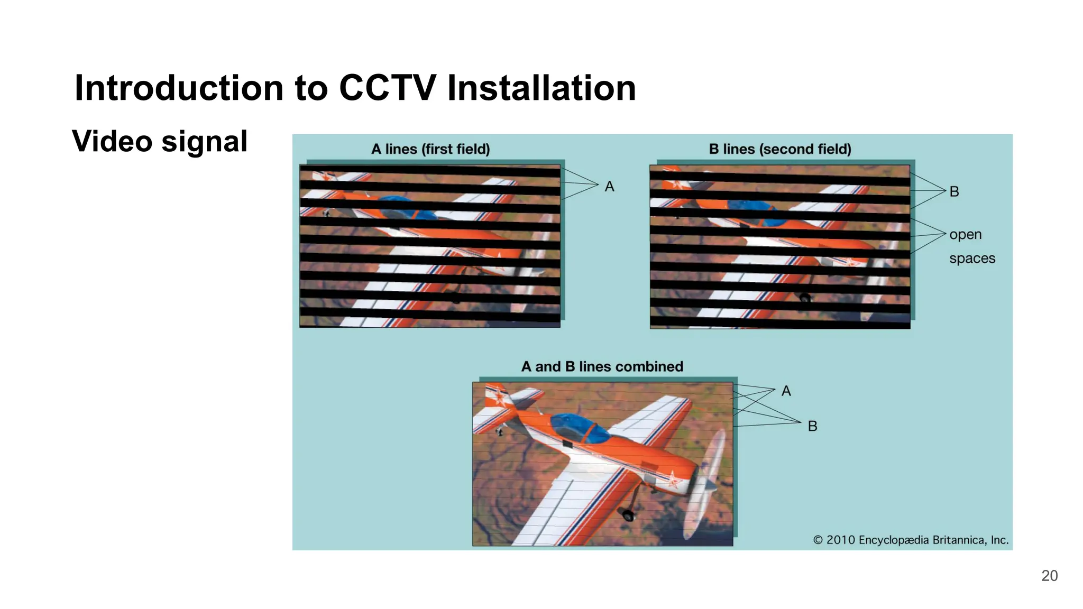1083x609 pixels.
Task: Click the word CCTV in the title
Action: [x=387, y=88]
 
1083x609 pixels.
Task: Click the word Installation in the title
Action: [x=541, y=88]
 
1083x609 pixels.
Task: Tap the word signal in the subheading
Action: [x=204, y=142]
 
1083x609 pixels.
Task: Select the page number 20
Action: [x=1049, y=576]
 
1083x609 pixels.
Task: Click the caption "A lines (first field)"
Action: [x=430, y=149]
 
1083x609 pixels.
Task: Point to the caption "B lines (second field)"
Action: [x=780, y=149]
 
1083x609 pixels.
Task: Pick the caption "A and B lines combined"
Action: [x=602, y=366]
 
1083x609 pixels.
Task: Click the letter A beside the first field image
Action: [x=609, y=187]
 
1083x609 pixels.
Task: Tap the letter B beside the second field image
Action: [x=954, y=191]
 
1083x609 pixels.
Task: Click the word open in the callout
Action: [x=965, y=235]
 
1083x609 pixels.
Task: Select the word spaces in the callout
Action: [x=972, y=259]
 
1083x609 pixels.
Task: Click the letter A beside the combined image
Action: [x=786, y=391]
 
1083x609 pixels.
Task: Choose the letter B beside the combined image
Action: [x=812, y=426]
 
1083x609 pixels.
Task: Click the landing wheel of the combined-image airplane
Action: [x=628, y=514]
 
